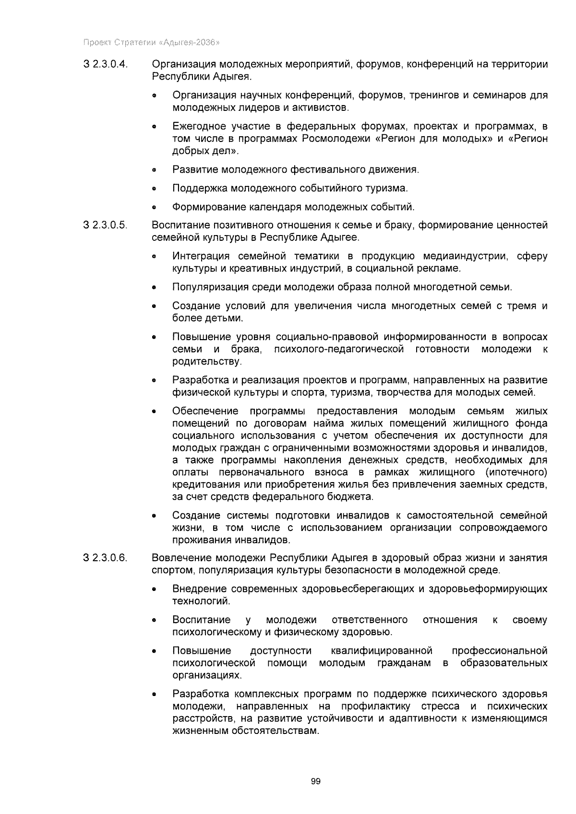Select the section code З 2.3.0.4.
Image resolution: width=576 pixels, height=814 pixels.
[x=106, y=64]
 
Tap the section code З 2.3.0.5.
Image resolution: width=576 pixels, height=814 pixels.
[x=106, y=225]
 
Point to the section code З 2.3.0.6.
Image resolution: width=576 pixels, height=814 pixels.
[x=106, y=558]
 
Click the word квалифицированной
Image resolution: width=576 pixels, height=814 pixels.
[x=382, y=651]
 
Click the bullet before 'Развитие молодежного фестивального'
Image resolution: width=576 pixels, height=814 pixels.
[x=154, y=170]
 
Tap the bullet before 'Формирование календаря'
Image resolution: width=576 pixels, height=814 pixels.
[x=154, y=208]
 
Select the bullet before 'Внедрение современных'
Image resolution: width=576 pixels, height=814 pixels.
[x=154, y=589]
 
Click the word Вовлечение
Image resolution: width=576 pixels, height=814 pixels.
[x=181, y=558]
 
